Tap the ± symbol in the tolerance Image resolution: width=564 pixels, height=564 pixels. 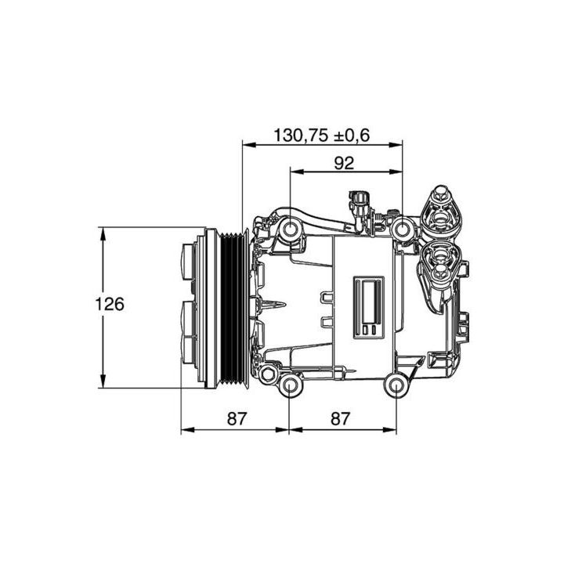point(342,135)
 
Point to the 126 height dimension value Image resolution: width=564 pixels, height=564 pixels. point(110,304)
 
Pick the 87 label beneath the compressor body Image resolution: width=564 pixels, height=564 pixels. point(338,419)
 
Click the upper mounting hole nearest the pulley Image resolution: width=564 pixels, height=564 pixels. point(291,230)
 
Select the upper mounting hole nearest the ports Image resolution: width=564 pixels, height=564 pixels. point(402,230)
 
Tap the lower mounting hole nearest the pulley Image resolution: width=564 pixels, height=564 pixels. point(291,385)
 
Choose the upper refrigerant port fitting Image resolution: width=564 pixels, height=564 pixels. point(441,209)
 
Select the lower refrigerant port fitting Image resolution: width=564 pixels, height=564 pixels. point(441,260)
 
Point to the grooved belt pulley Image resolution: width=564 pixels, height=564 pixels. point(232,307)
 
